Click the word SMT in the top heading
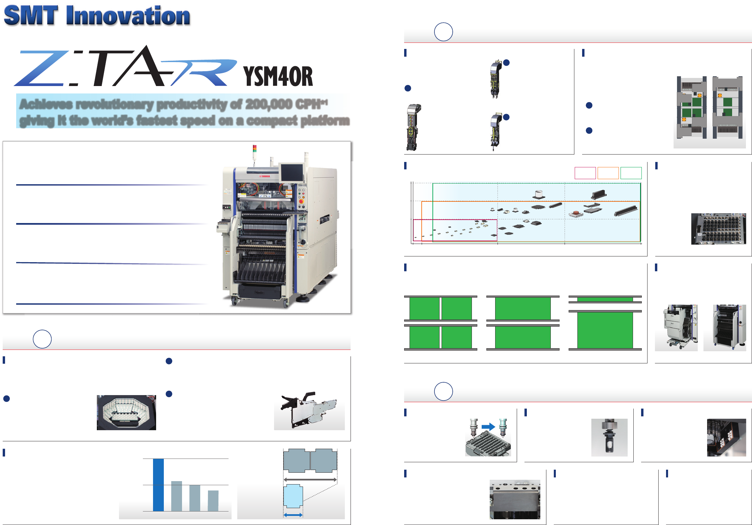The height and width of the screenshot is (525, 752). [x=31, y=16]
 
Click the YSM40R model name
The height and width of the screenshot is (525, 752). [x=278, y=76]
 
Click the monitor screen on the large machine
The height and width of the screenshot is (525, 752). [x=292, y=172]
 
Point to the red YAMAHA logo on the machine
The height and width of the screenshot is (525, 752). [x=265, y=176]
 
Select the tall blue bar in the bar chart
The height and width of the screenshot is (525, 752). [x=158, y=485]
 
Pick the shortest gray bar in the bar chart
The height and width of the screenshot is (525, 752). [x=213, y=501]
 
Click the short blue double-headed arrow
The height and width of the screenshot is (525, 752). [x=293, y=515]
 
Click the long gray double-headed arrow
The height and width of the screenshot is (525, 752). [x=310, y=479]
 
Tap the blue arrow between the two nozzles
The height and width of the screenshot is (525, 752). [x=488, y=427]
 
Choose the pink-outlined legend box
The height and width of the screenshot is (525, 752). [x=585, y=173]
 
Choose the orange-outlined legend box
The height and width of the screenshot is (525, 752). [x=608, y=173]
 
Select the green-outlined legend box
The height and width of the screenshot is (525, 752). [x=631, y=173]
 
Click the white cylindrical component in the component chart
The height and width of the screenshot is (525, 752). [x=539, y=194]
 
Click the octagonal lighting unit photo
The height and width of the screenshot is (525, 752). [x=126, y=412]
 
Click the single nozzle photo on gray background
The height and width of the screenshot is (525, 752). [x=609, y=437]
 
